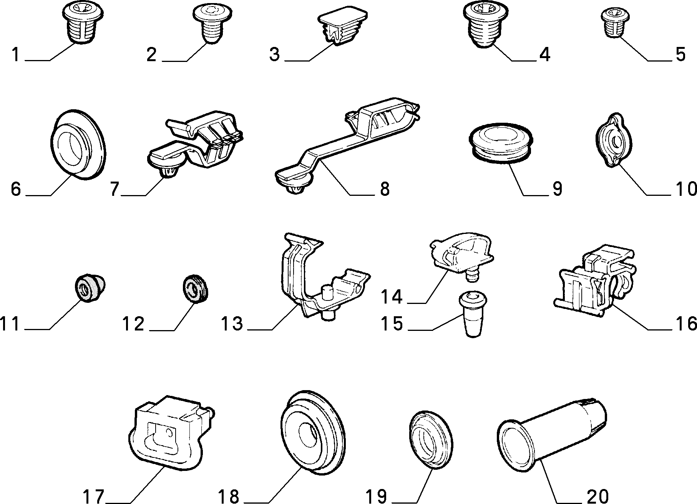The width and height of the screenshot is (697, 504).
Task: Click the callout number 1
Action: click(x=15, y=55)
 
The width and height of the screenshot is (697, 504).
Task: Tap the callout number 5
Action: click(x=680, y=55)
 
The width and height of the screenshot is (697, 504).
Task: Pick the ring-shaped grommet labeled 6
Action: click(x=78, y=145)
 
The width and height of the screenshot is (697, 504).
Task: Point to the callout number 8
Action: click(x=385, y=189)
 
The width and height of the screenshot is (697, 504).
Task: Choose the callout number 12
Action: click(x=133, y=324)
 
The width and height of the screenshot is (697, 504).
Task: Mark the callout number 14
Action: click(x=392, y=297)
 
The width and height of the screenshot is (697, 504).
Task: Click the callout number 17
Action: click(x=94, y=496)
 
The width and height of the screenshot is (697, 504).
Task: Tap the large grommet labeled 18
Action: click(x=312, y=433)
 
